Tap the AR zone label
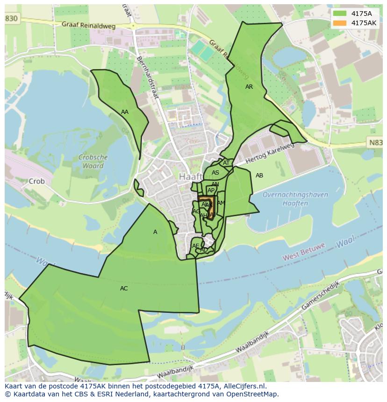point(249,87)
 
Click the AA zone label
point(125,112)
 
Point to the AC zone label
point(124,289)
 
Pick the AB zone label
point(259,176)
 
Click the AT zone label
point(226,163)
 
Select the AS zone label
point(215,173)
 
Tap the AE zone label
point(196,246)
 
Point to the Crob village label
point(36,181)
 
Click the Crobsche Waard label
point(93,162)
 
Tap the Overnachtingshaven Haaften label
point(289,198)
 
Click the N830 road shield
point(11,18)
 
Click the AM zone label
point(221,203)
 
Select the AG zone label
point(196,212)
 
